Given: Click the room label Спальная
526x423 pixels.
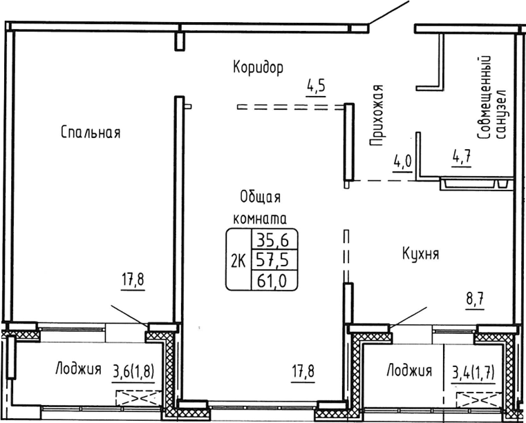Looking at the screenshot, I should click(91, 132).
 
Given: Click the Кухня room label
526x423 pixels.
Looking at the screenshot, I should click(421, 254).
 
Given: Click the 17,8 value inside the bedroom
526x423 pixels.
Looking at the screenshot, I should click(135, 281).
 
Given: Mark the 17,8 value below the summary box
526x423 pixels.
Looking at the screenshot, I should click(302, 372).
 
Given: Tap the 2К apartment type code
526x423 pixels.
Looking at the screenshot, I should click(239, 259).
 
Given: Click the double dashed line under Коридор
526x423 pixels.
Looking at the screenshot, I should click(290, 107).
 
